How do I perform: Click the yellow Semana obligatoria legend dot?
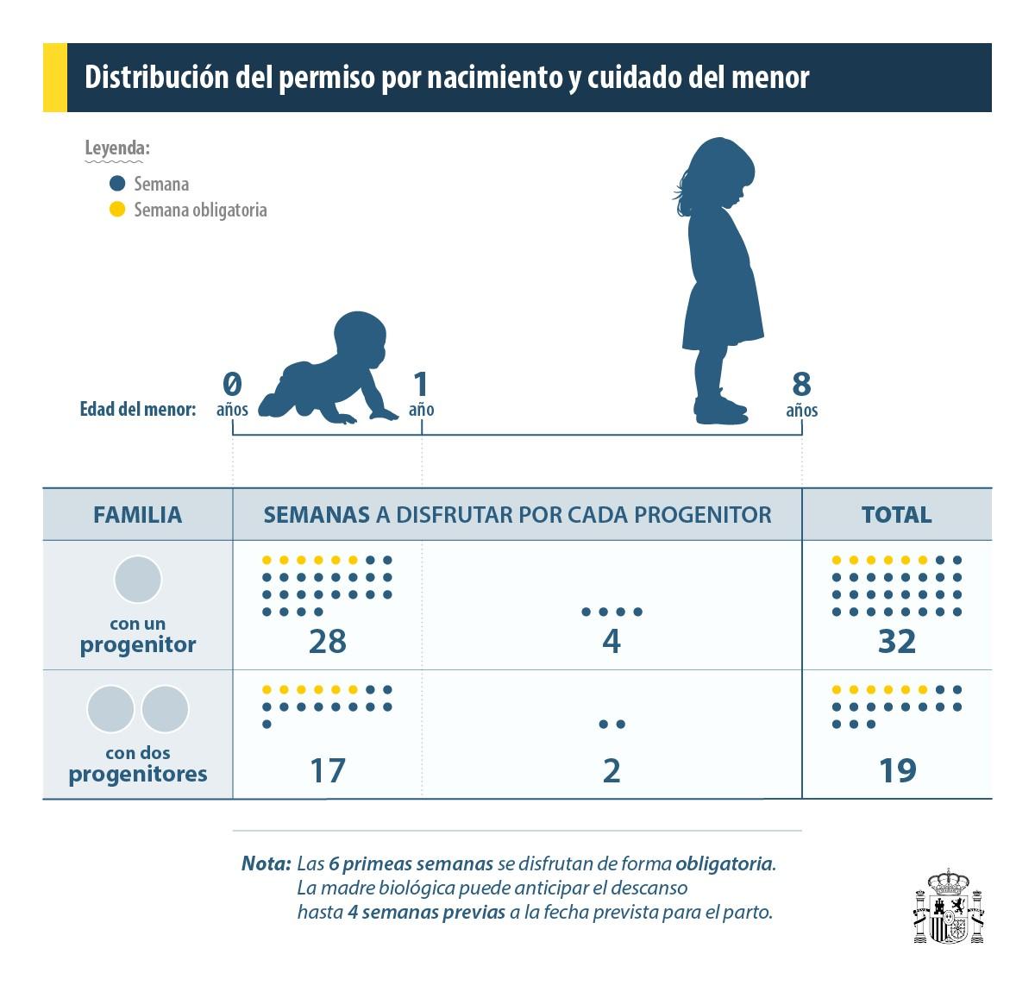[117, 210]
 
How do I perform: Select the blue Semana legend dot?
[117, 184]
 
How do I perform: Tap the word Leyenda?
[116, 148]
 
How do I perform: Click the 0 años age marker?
[232, 393]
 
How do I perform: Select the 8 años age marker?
[801, 393]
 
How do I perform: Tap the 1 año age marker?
[421, 393]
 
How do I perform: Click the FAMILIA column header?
[138, 515]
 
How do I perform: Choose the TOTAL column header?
[896, 515]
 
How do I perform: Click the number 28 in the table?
[327, 642]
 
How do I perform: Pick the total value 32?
[896, 642]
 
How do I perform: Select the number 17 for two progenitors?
[327, 770]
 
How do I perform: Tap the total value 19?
[896, 770]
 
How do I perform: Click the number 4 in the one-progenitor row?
[612, 642]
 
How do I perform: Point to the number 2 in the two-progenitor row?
[612, 770]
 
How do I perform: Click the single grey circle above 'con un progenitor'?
[138, 579]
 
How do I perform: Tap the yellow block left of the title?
[54, 78]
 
